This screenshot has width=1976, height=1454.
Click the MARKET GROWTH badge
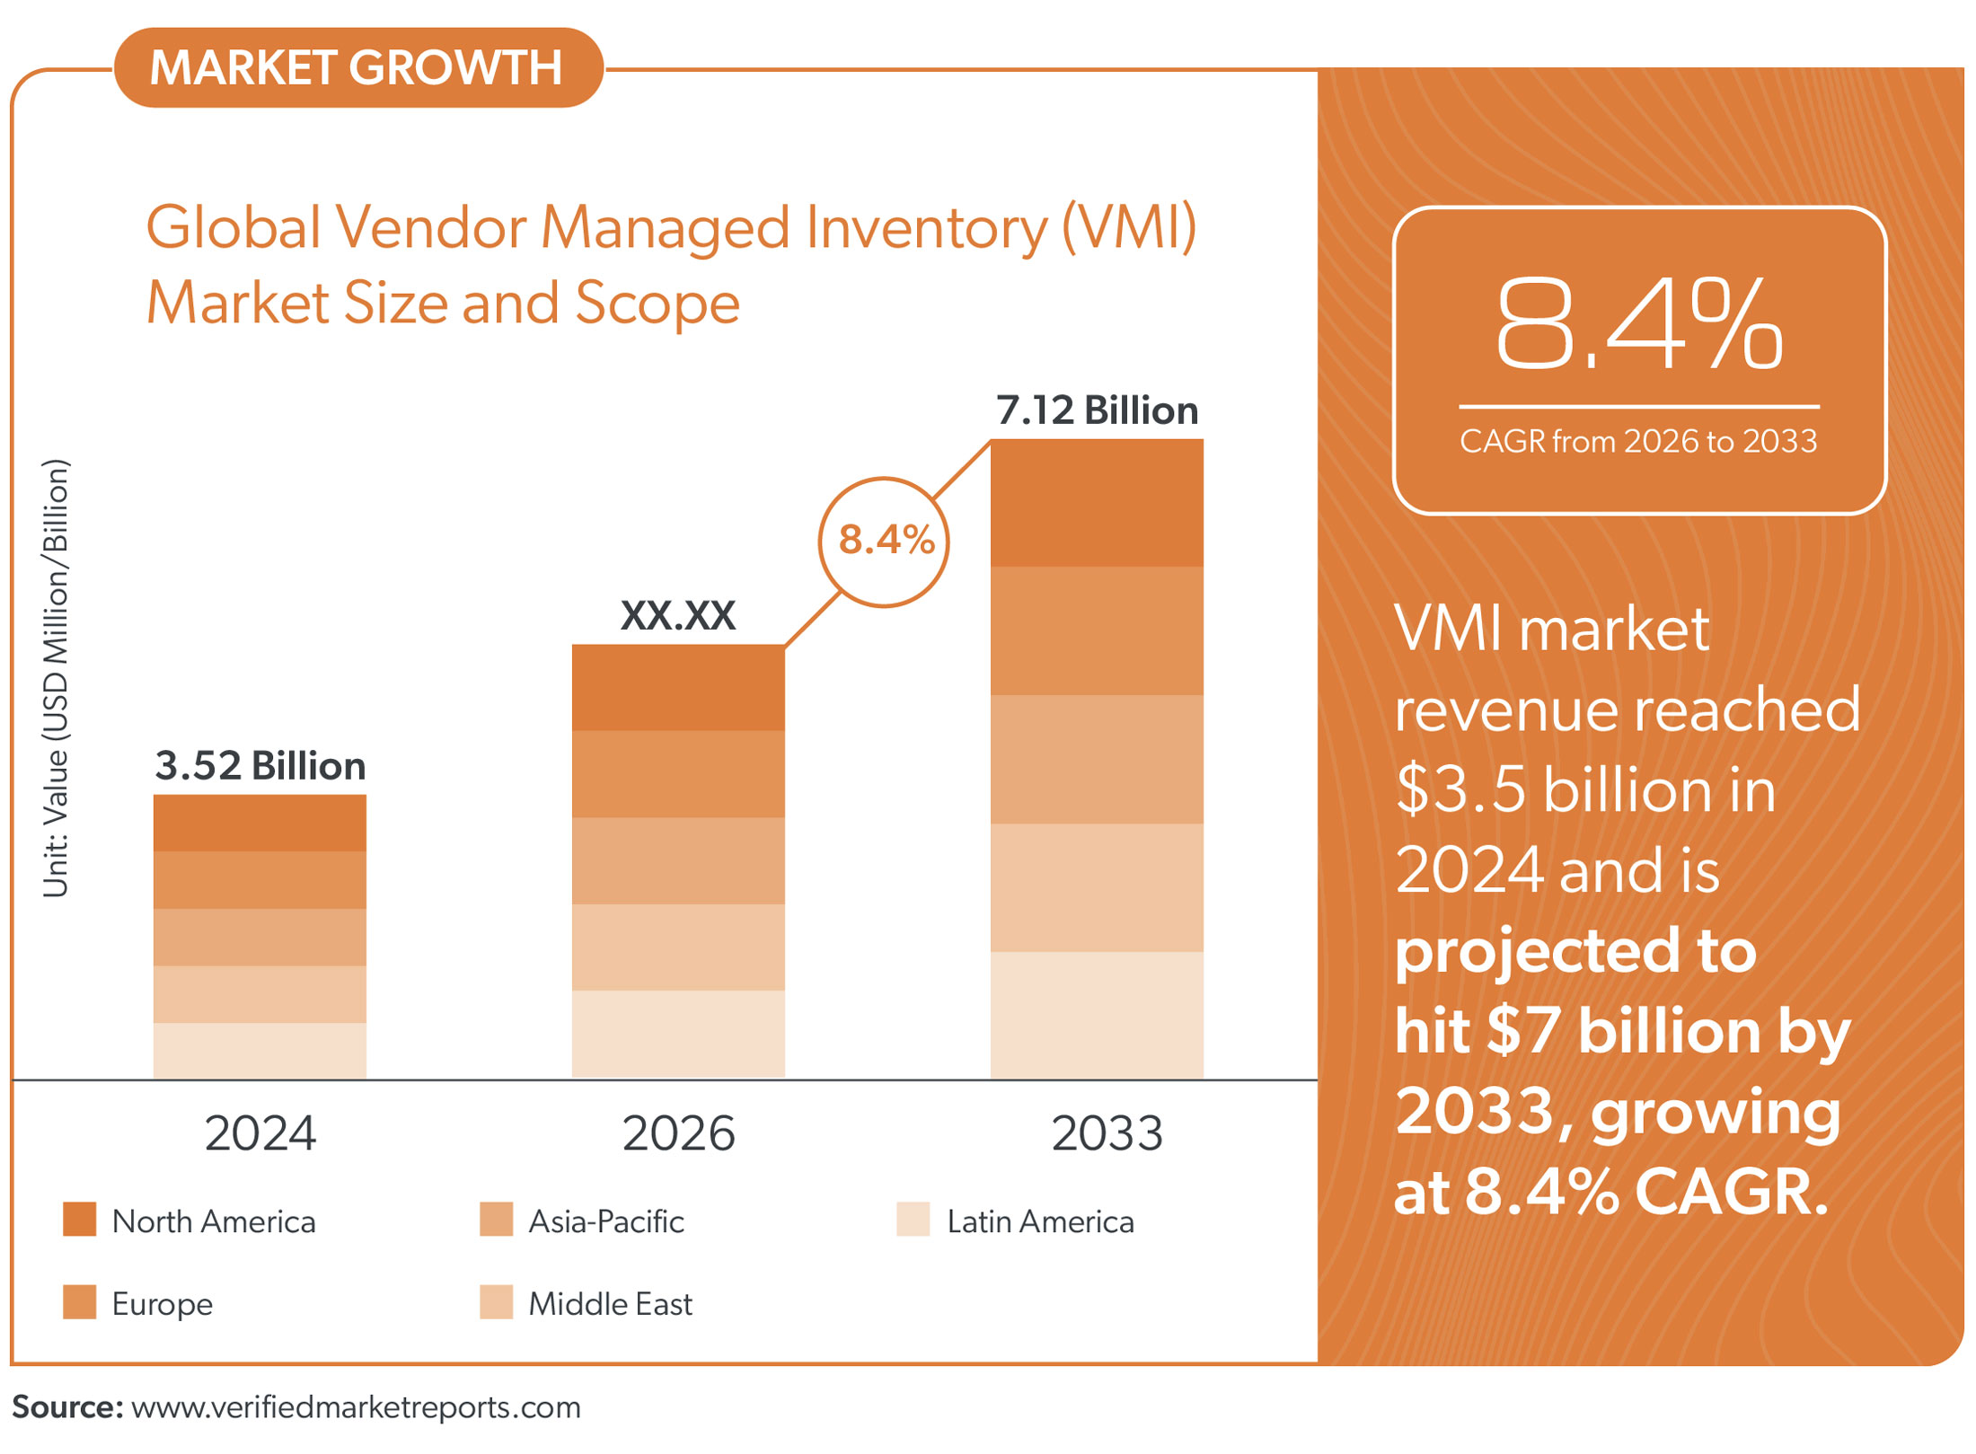pos(357,68)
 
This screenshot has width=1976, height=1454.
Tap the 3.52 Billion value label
pos(260,766)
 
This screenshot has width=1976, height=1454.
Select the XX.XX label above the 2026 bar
pos(678,616)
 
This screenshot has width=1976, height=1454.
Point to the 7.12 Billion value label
pos(1097,410)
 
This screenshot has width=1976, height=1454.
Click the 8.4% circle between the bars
pos(885,542)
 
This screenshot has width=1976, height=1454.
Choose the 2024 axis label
pos(260,1133)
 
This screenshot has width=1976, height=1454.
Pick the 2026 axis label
pos(678,1133)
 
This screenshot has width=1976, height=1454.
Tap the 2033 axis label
pos(1107,1133)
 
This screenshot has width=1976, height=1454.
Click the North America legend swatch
pos(79,1220)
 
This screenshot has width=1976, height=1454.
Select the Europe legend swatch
pos(79,1302)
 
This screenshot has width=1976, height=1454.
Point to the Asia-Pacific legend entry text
pos(606,1221)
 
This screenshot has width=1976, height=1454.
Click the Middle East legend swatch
pos(496,1302)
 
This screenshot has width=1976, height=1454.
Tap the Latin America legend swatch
pos(913,1220)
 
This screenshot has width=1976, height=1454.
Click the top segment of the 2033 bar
pos(1097,503)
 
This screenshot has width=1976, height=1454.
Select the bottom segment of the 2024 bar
pos(260,1051)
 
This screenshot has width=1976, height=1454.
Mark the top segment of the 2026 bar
pos(678,688)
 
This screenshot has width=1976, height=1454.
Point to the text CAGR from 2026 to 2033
pos(1638,442)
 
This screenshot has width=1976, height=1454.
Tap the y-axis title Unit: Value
pos(56,679)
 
